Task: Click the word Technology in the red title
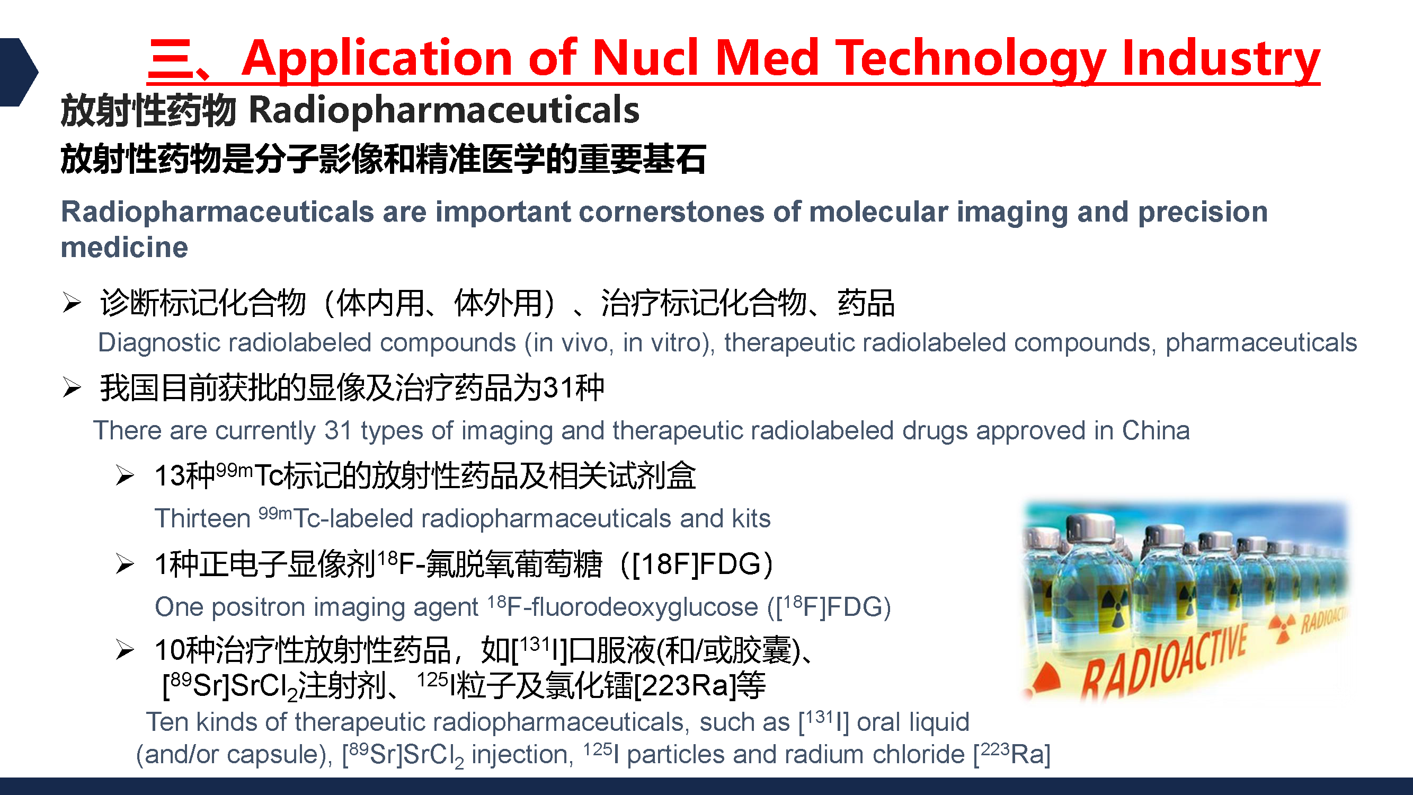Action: pos(970,58)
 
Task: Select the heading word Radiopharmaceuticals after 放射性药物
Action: pos(444,111)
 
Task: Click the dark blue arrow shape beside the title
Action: pos(18,72)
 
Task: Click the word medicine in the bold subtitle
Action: pos(125,248)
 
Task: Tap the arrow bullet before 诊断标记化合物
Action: pos(72,302)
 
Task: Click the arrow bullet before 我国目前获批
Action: pos(72,387)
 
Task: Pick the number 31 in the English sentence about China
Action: pos(337,431)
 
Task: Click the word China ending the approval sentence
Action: pos(1156,431)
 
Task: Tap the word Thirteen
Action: pos(202,518)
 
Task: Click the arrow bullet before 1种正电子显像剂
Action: pos(125,564)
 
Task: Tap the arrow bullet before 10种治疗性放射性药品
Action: pos(125,650)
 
